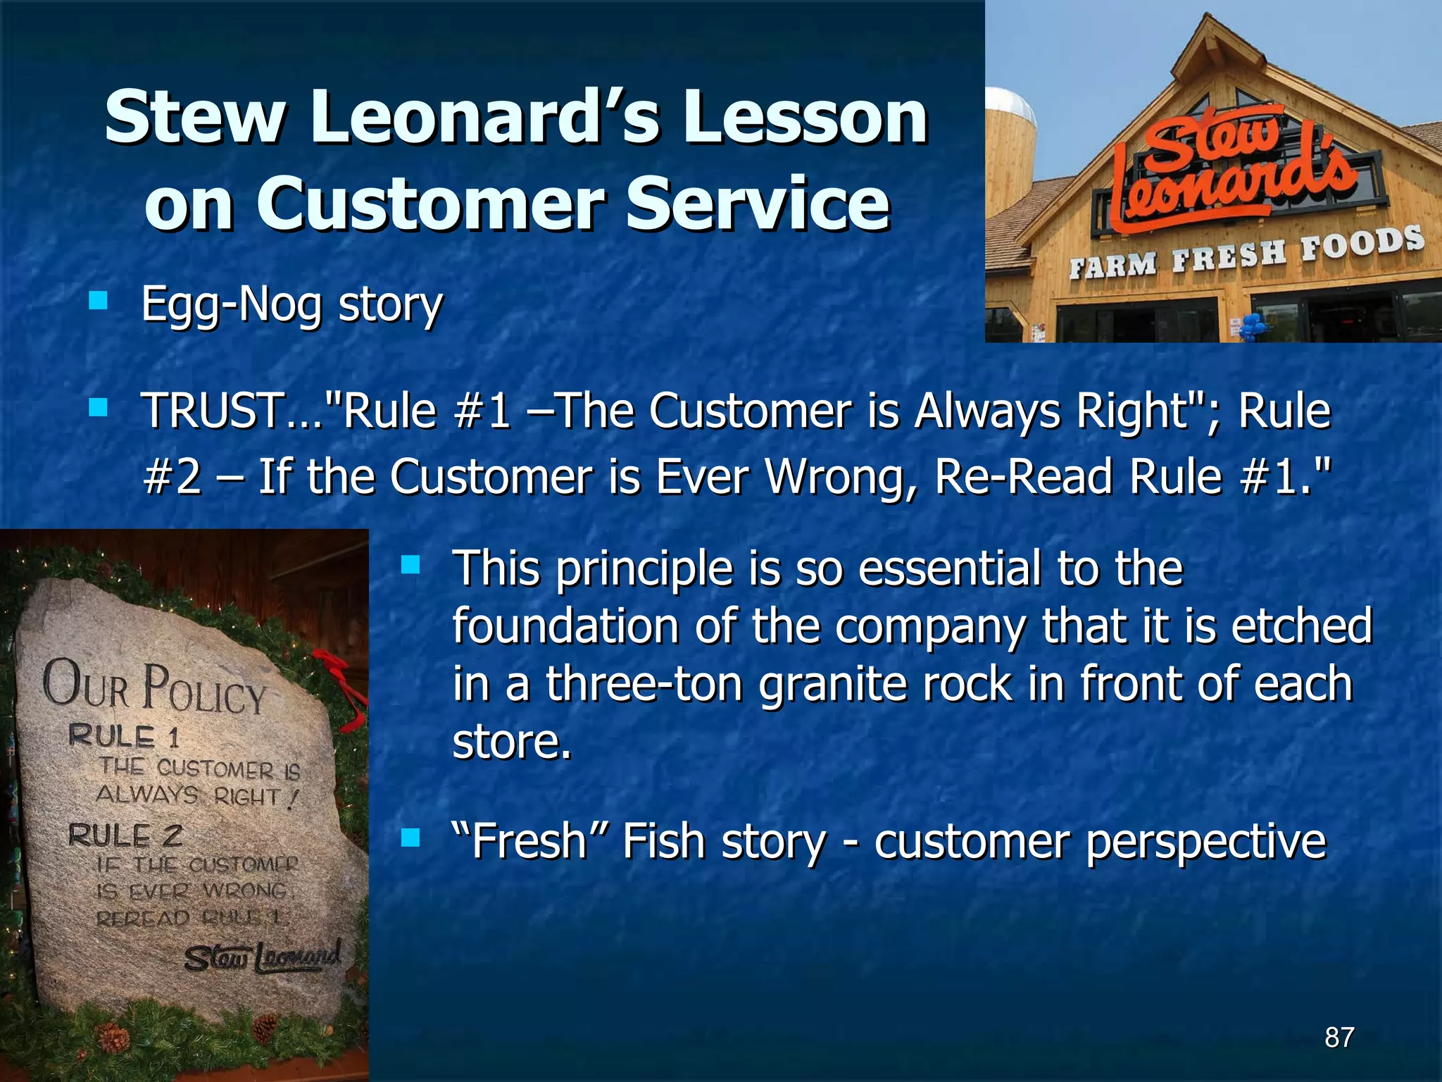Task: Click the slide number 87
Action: coord(1339,1037)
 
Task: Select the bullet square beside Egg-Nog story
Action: coord(98,301)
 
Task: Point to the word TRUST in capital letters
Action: coord(210,411)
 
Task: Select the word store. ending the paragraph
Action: coord(511,742)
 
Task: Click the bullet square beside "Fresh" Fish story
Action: coord(410,838)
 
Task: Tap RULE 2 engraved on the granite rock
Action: coord(125,836)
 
